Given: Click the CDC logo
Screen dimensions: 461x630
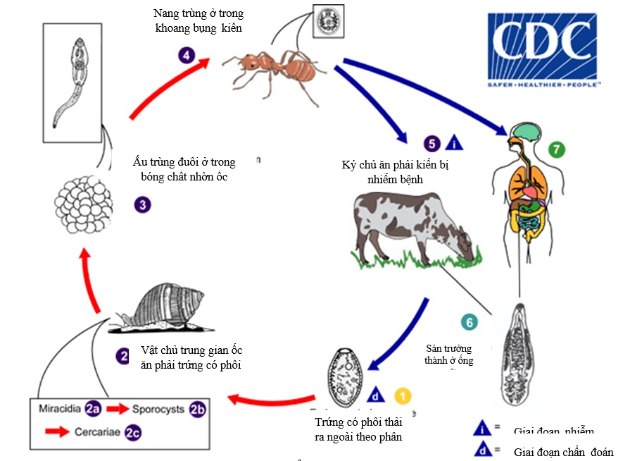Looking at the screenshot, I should pos(542,50).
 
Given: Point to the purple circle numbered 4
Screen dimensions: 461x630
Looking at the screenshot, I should pos(186,55).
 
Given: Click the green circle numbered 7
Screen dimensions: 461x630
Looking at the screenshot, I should pos(557,149).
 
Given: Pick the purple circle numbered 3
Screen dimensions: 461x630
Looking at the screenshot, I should pos(143,205).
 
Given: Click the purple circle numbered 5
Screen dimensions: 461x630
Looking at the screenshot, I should pos(432,144).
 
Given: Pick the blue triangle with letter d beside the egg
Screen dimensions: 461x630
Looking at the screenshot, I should pos(377,395).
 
